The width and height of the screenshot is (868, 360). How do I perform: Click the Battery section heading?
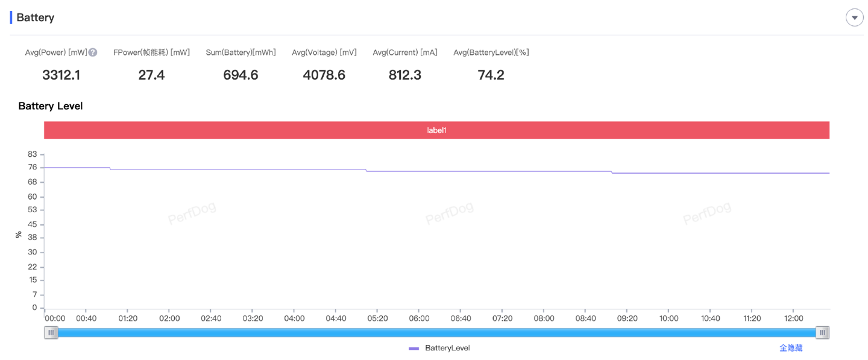pyautogui.click(x=35, y=17)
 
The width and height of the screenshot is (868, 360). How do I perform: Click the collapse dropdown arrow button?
pyautogui.click(x=854, y=17)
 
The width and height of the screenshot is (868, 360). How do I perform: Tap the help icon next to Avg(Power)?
pyautogui.click(x=93, y=52)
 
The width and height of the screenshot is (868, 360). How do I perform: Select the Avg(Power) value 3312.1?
pyautogui.click(x=61, y=75)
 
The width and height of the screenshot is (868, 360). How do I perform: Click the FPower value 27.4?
pyautogui.click(x=151, y=75)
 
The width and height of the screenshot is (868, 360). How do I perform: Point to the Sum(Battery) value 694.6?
pyautogui.click(x=241, y=75)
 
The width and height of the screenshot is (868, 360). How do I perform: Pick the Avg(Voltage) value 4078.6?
pyautogui.click(x=324, y=75)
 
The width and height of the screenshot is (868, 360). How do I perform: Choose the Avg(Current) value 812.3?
pyautogui.click(x=405, y=75)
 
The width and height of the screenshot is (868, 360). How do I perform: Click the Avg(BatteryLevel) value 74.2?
pyautogui.click(x=491, y=75)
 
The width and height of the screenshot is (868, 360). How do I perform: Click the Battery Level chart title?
pyautogui.click(x=51, y=106)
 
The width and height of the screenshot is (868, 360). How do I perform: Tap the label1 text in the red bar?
pyautogui.click(x=436, y=130)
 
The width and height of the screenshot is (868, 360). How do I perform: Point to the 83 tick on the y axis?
pyautogui.click(x=33, y=154)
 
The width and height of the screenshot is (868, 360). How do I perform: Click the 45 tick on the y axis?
pyautogui.click(x=33, y=224)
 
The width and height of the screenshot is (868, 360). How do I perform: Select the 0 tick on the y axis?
pyautogui.click(x=34, y=308)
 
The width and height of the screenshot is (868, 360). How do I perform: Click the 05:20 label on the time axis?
pyautogui.click(x=377, y=318)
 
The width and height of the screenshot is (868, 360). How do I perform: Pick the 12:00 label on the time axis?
pyautogui.click(x=793, y=318)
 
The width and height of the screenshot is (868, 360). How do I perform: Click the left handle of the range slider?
pyautogui.click(x=51, y=332)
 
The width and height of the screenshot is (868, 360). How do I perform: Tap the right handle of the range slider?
pyautogui.click(x=822, y=332)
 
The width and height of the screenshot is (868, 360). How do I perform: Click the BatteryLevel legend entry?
pyautogui.click(x=447, y=348)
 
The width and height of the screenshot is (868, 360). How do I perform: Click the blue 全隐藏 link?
pyautogui.click(x=790, y=348)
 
